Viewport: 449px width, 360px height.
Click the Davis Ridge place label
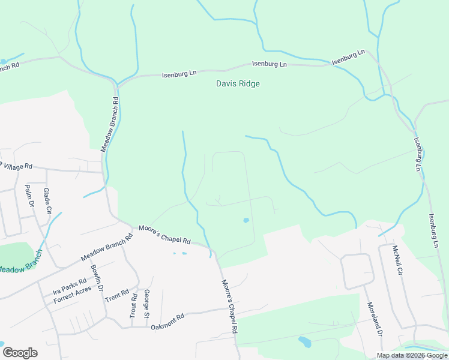(238, 84)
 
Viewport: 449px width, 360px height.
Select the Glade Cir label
(47, 201)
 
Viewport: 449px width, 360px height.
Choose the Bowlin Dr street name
(97, 279)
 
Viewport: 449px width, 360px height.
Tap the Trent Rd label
(117, 295)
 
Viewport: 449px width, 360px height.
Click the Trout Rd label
(133, 305)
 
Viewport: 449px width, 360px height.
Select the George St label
(146, 304)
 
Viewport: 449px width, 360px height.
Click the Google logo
(19, 353)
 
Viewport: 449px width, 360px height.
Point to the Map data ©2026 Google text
(411, 355)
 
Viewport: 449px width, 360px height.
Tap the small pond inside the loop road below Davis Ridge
(246, 220)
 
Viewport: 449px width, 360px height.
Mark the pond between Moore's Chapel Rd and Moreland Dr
(305, 343)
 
